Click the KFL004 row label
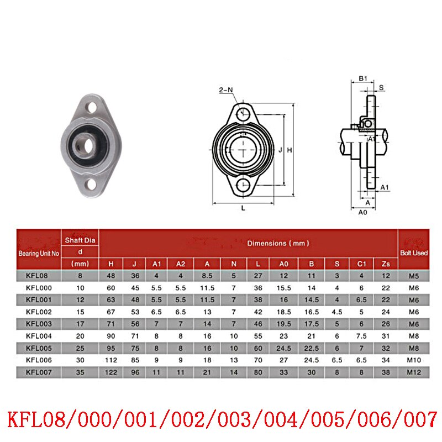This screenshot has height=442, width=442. pyautogui.click(x=38, y=336)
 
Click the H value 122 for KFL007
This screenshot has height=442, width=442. pyautogui.click(x=112, y=372)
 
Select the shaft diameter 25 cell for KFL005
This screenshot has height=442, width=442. pyautogui.click(x=80, y=348)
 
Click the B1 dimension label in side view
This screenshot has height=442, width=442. pyautogui.click(x=362, y=78)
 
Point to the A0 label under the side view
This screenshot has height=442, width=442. pyautogui.click(x=363, y=213)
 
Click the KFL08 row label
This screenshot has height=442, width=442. pyautogui.click(x=38, y=275)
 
